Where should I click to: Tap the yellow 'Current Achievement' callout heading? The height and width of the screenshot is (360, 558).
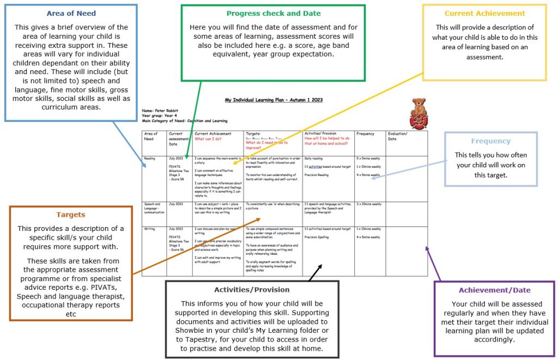[x=484, y=14]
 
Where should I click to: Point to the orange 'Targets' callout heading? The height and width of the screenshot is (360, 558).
[x=70, y=215]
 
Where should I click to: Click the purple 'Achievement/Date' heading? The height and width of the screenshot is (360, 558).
[x=494, y=290]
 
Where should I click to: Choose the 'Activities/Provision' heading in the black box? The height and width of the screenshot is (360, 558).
[x=252, y=289]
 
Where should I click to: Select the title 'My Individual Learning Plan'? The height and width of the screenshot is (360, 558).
[x=274, y=100]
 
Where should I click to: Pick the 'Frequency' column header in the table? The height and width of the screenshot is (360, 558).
[x=365, y=133]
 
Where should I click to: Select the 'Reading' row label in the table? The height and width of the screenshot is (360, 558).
[x=149, y=158]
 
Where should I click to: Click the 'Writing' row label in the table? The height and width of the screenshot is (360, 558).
[x=149, y=229]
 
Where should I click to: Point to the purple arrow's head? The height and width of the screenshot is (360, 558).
[x=426, y=248]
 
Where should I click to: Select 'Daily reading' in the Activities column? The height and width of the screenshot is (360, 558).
[x=313, y=158]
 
